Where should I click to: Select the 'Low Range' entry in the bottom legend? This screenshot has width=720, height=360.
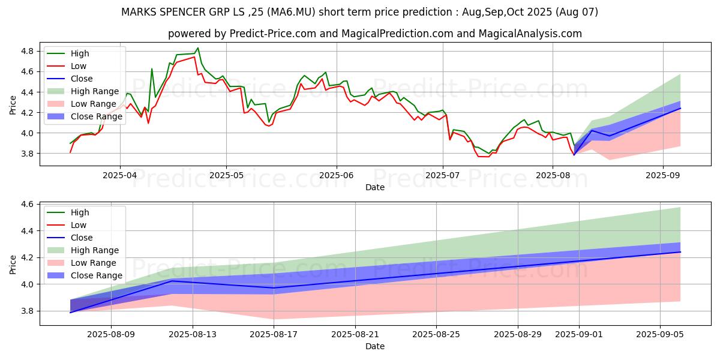(94, 263)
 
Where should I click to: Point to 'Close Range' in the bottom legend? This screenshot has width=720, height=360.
(96, 275)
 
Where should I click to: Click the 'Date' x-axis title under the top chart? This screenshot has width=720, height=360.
(375, 188)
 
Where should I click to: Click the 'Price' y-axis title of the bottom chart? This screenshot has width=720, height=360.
(13, 265)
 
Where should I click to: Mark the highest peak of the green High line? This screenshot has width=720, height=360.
(198, 48)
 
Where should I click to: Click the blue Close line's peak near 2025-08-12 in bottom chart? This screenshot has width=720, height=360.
(172, 281)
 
